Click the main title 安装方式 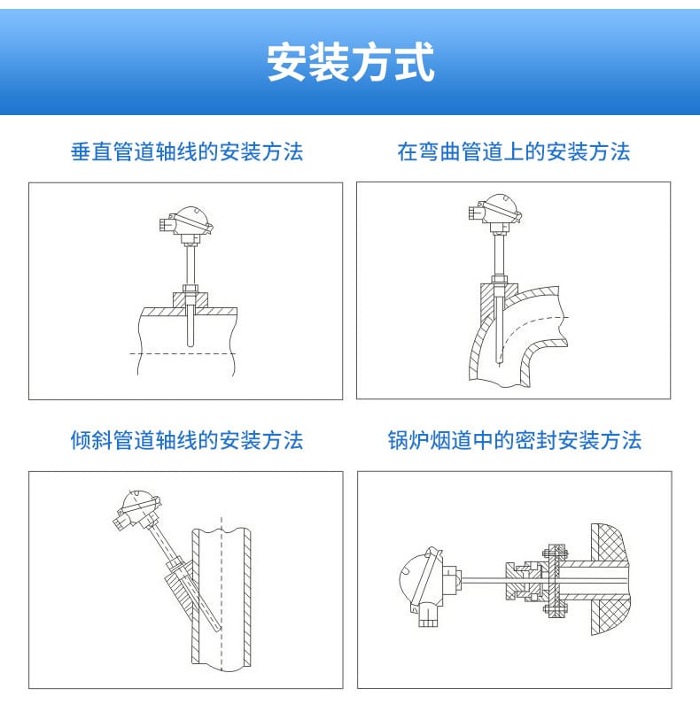tap(351, 62)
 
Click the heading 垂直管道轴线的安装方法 tap(186, 152)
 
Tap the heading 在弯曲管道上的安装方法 tap(513, 152)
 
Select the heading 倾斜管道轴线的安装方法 tap(186, 440)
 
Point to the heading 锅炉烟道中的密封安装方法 tap(514, 440)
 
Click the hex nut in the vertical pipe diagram tap(188, 288)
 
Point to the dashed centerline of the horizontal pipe tap(186, 353)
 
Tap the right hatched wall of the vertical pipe tap(246, 602)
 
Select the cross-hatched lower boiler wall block tap(610, 615)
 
